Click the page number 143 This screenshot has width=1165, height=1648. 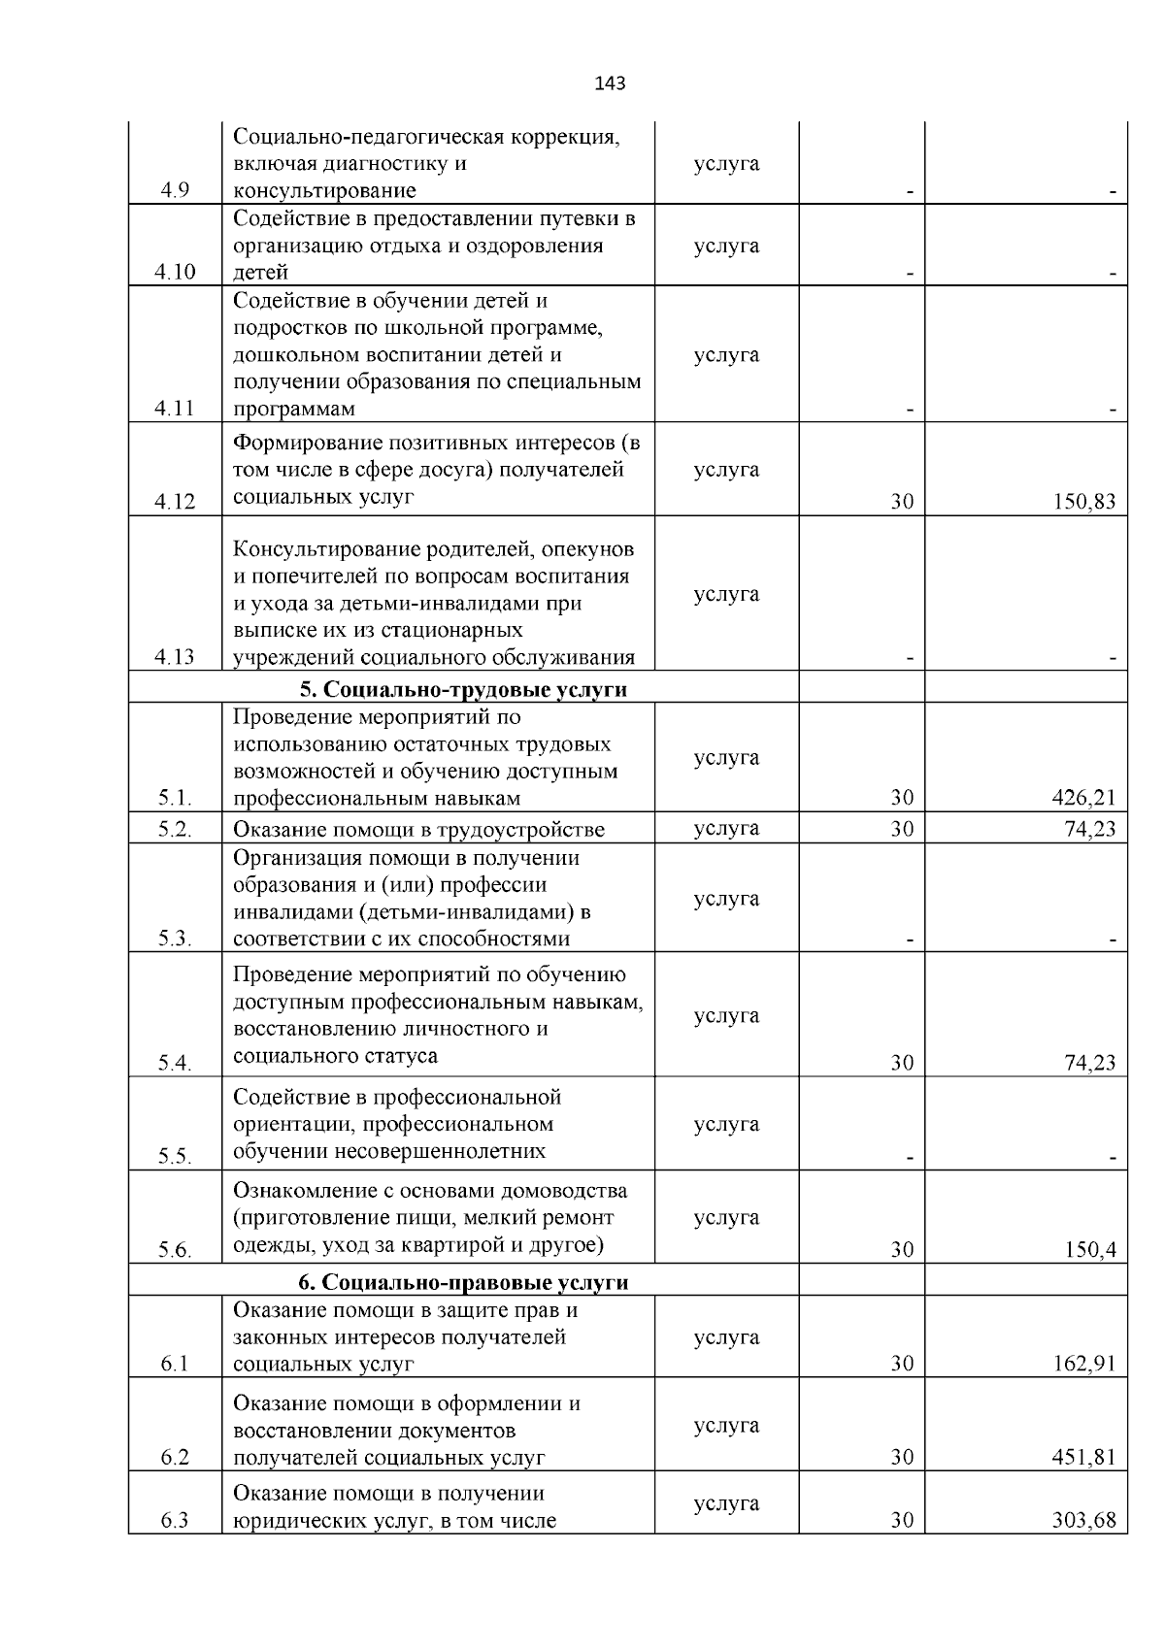tap(610, 83)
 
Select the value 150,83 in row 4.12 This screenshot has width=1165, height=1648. tap(1084, 502)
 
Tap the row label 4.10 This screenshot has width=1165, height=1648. tap(175, 272)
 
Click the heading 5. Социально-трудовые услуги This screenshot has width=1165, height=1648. tap(463, 690)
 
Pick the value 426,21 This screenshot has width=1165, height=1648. tap(1084, 798)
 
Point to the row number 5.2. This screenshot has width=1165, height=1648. tap(175, 829)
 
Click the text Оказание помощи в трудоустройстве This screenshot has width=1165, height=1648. tap(418, 830)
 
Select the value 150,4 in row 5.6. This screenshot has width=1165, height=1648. tap(1090, 1250)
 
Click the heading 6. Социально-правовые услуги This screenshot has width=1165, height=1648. tap(463, 1282)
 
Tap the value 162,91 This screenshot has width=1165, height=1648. tap(1084, 1364)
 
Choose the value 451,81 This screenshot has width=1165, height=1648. tap(1084, 1457)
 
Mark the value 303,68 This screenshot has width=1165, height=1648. tap(1084, 1520)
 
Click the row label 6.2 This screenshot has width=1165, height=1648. tap(175, 1457)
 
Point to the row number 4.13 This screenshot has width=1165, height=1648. tap(175, 657)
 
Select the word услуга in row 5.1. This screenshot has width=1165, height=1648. tap(726, 758)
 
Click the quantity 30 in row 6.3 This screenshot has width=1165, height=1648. tap(902, 1520)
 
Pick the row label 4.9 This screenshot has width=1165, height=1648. tap(175, 190)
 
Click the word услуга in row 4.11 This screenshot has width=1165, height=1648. tap(726, 355)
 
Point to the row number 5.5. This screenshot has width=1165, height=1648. tap(175, 1157)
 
